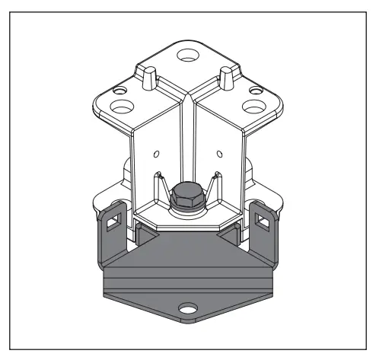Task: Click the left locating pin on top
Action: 150,76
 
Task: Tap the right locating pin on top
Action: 226,76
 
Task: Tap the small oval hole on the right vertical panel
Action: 220,155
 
